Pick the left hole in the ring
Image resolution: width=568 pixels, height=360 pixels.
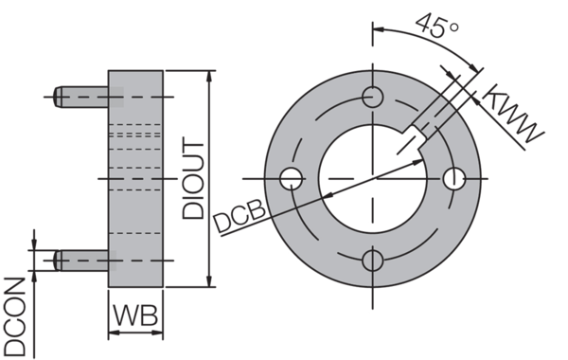pos(293,178)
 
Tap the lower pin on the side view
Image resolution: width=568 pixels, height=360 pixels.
pos(81,258)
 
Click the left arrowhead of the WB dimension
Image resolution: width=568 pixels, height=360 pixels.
pos(113,333)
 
